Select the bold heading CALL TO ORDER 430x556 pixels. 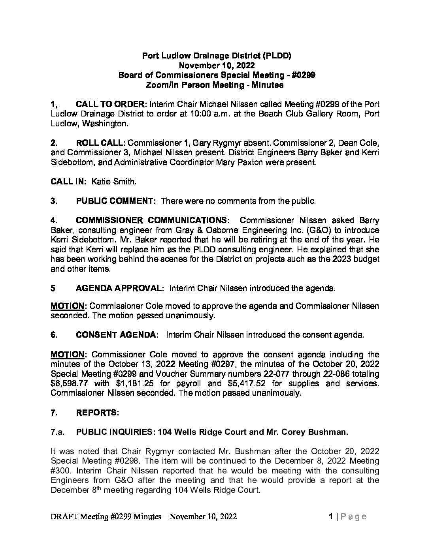click(110, 105)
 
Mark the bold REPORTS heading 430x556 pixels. click(97, 413)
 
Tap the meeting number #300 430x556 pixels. click(60, 471)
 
